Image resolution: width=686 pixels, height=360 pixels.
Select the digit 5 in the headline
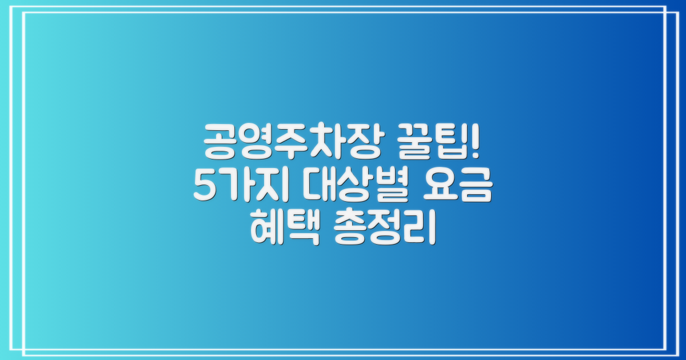(204, 186)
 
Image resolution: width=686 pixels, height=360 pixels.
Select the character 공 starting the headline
(221, 139)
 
